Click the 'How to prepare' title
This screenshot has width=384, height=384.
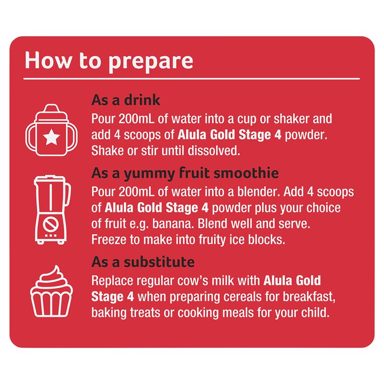(109, 61)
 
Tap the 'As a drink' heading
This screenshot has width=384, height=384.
(126, 100)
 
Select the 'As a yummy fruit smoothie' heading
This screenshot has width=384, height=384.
(185, 173)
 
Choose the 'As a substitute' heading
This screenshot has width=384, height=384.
(143, 262)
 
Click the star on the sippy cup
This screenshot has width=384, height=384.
(51, 137)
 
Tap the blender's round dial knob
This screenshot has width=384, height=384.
(51, 224)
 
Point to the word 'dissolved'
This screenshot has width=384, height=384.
(214, 151)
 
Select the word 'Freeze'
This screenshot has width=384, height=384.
(109, 240)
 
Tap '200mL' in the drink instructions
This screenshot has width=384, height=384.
(136, 119)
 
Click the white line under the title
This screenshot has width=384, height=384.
(192, 79)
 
